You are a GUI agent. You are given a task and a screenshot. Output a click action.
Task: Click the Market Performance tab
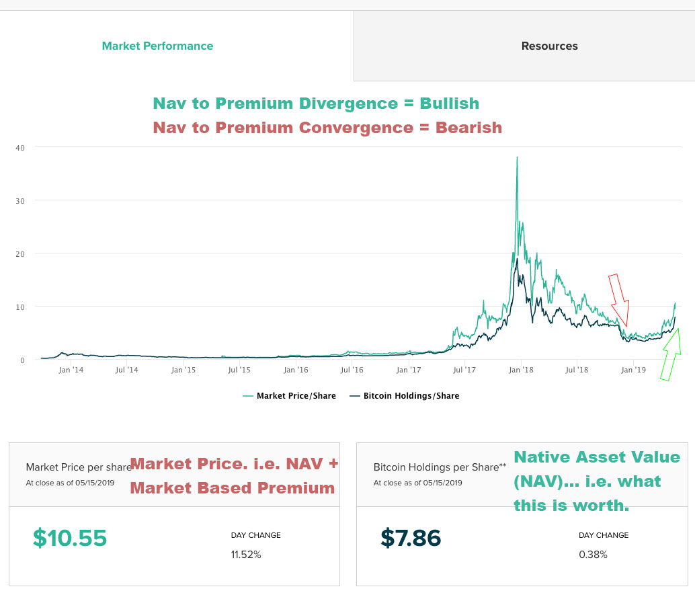157,46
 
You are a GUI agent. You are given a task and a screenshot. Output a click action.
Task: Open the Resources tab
549,46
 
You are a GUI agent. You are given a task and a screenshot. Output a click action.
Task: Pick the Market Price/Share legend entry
290,396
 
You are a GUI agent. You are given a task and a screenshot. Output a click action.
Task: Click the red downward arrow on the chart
619,299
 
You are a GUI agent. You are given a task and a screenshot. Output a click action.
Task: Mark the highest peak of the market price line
516,158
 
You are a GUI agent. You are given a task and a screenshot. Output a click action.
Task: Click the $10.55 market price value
70,538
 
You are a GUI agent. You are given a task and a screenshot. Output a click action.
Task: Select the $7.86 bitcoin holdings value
411,538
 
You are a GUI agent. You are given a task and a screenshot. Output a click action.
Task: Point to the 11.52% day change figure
246,555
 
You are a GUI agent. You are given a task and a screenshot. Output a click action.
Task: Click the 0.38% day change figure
593,555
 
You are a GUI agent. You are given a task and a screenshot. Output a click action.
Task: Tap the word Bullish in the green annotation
450,104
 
